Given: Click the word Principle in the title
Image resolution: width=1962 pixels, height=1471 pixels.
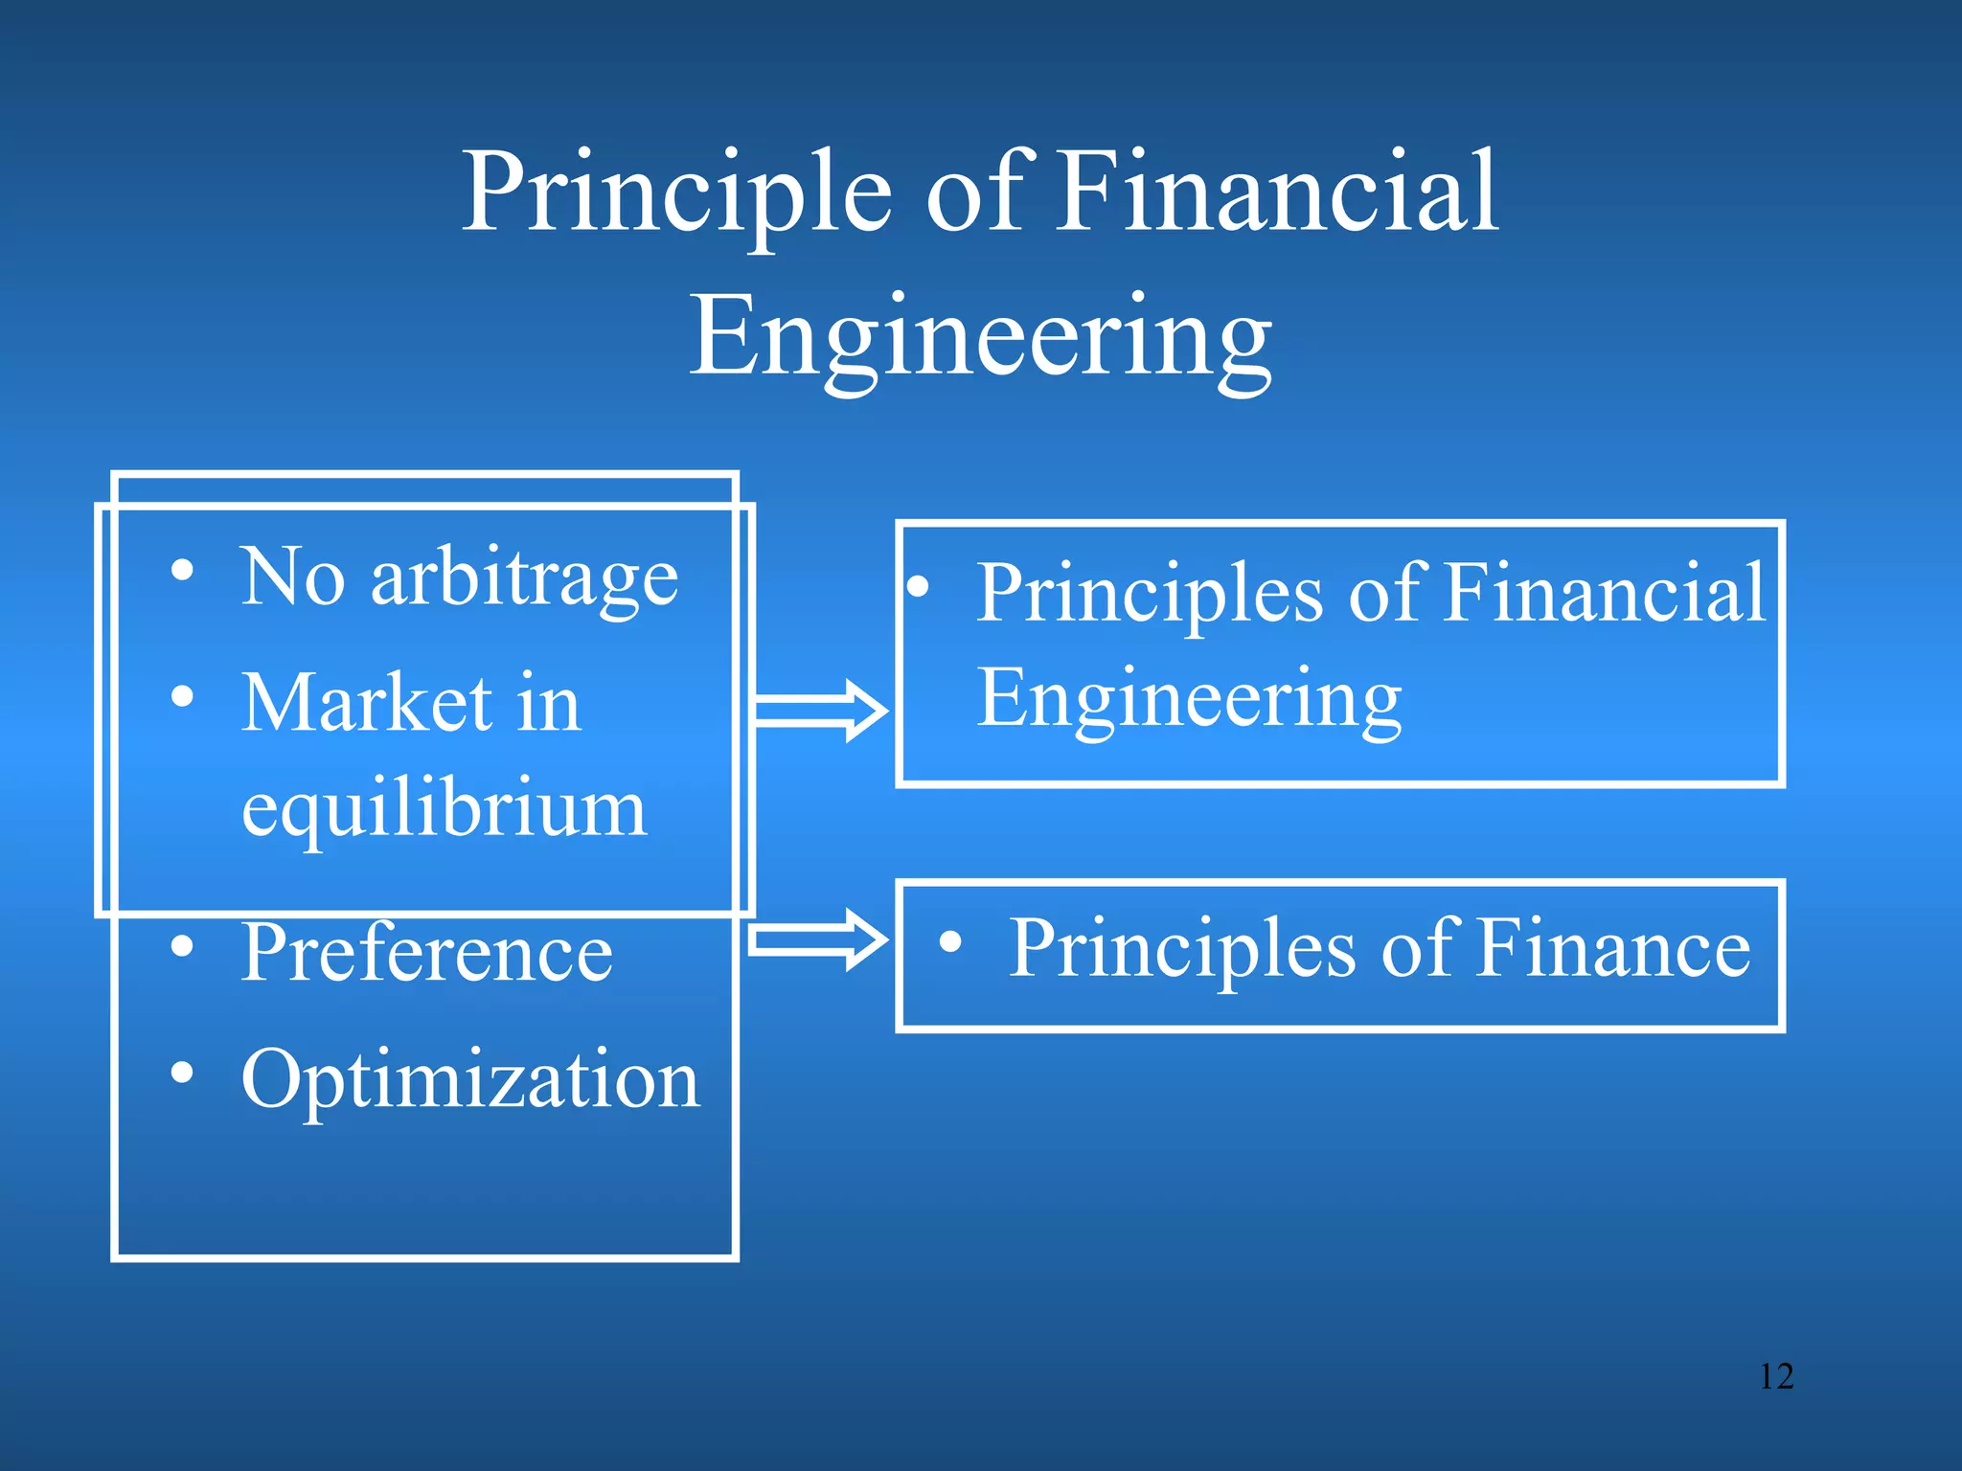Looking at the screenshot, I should pyautogui.click(x=676, y=194).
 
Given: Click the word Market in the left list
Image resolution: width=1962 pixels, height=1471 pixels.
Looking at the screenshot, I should pyautogui.click(x=367, y=704).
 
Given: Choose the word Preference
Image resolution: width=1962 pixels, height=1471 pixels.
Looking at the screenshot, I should pyautogui.click(x=427, y=954).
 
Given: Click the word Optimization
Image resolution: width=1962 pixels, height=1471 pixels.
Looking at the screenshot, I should pyautogui.click(x=470, y=1080).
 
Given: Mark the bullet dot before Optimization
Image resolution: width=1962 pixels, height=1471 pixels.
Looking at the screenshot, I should pyautogui.click(x=182, y=1073).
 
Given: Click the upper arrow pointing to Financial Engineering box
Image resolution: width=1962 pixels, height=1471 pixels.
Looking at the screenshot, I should pyautogui.click(x=820, y=711).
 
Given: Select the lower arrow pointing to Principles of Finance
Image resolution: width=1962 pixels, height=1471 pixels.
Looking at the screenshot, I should pyautogui.click(x=816, y=939).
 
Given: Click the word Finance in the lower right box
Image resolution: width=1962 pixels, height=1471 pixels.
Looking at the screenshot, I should pyautogui.click(x=1613, y=948).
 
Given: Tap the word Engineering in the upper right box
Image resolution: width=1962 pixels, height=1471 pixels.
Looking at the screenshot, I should pyautogui.click(x=1189, y=700).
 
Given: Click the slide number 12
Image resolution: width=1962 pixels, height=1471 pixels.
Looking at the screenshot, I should pyautogui.click(x=1776, y=1376).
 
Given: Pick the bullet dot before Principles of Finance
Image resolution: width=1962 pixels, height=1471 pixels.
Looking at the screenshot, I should pyautogui.click(x=950, y=941).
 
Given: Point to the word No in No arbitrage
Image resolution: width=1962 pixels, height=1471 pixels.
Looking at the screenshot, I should pyautogui.click(x=292, y=577).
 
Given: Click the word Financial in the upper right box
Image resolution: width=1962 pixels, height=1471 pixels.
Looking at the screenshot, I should pyautogui.click(x=1604, y=594).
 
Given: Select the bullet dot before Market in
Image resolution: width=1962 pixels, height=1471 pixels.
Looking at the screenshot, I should pyautogui.click(x=182, y=696).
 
